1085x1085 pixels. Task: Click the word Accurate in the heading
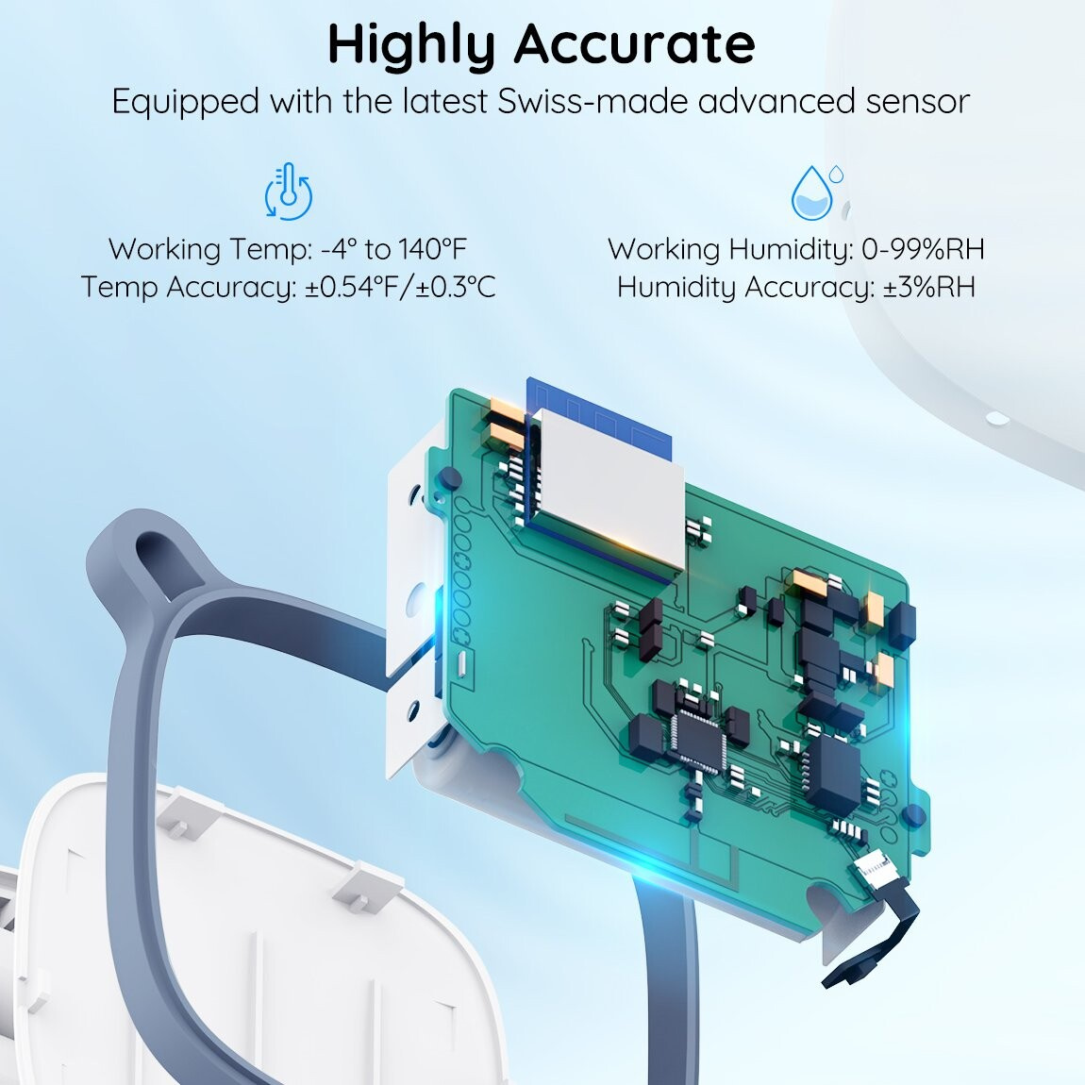pos(634,44)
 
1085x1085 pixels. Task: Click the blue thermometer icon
pos(289,192)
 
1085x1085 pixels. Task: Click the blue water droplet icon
pos(816,192)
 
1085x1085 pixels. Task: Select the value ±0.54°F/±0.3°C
pos(401,287)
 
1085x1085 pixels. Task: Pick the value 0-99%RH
pos(923,248)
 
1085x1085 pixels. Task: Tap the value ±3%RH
pos(929,287)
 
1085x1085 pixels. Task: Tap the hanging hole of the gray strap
pos(159,562)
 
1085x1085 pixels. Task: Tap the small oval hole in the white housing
pos(995,418)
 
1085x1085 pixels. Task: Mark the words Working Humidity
pos(730,249)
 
